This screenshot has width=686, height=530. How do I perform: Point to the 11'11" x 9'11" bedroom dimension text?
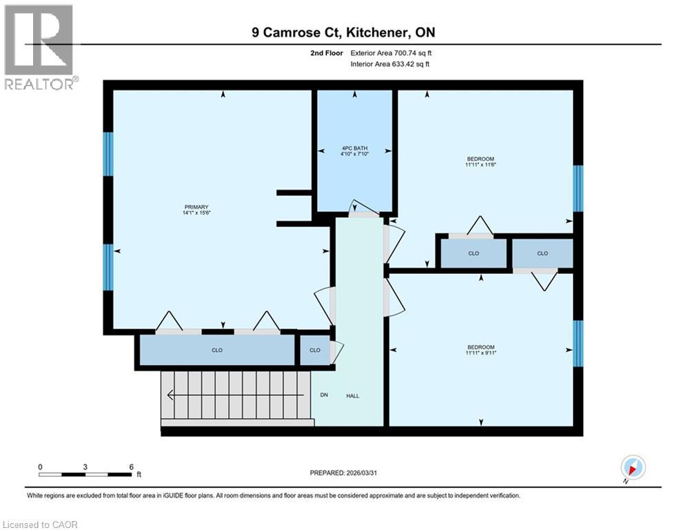click(x=481, y=353)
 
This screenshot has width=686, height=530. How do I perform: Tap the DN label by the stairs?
click(x=324, y=395)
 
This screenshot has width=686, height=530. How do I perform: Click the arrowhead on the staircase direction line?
click(x=170, y=395)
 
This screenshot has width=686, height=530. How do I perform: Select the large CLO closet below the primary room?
click(x=216, y=350)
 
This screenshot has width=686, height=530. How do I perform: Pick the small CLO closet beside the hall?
click(x=314, y=350)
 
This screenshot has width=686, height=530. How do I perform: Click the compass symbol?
click(x=632, y=467)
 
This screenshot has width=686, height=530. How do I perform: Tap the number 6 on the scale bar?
click(x=131, y=467)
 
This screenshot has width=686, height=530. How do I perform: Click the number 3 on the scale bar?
click(x=85, y=467)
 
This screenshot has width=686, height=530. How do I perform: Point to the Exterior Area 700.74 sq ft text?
click(x=391, y=52)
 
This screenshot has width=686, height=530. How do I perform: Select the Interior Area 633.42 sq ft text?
click(x=391, y=64)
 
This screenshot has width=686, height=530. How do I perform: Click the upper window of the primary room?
click(x=108, y=153)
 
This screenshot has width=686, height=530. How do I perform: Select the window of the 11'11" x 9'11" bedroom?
click(x=578, y=344)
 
